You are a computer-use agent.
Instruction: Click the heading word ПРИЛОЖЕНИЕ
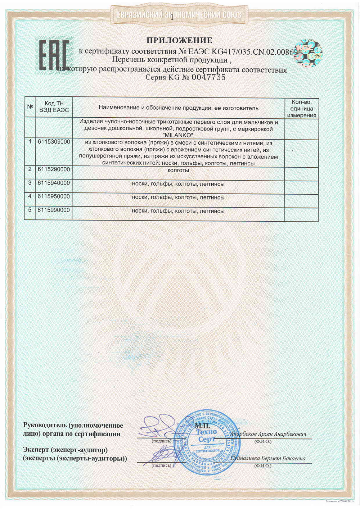click(x=179, y=40)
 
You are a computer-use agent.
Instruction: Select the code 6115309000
click(x=54, y=142)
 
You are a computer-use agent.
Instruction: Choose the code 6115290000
click(x=54, y=169)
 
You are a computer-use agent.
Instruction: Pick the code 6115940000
click(x=54, y=183)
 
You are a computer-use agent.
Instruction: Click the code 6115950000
click(x=54, y=197)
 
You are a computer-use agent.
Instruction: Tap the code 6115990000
click(x=54, y=210)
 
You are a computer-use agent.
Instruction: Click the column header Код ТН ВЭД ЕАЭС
click(x=54, y=107)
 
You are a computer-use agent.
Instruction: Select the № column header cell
click(x=30, y=107)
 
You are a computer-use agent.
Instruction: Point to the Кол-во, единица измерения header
click(x=301, y=108)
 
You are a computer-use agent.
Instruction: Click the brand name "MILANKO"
click(x=178, y=135)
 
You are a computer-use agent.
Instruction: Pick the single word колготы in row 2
click(x=178, y=170)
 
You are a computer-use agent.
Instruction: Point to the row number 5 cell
click(x=30, y=210)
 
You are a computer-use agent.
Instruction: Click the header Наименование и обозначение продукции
click(x=178, y=108)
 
